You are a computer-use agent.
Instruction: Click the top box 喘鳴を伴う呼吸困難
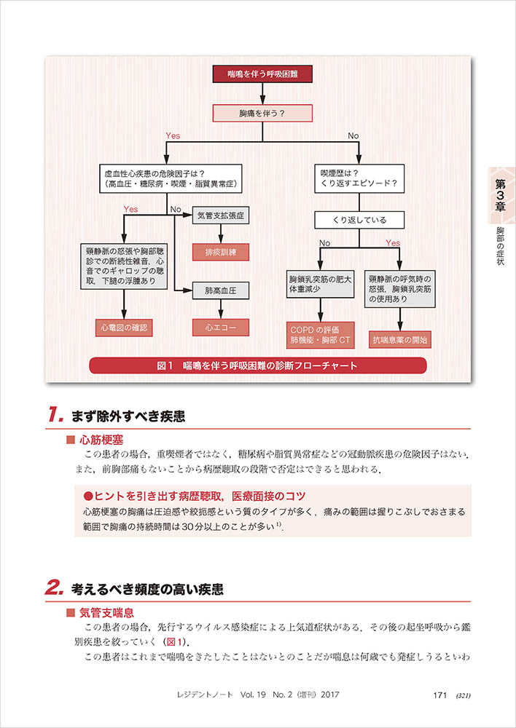(262, 74)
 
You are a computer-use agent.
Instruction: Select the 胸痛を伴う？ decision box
(262, 114)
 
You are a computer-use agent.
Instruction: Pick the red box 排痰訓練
(220, 253)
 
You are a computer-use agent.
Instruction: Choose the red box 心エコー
(220, 328)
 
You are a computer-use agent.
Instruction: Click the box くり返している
(360, 220)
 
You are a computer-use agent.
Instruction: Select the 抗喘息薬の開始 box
(400, 339)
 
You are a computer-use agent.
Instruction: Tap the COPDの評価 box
(320, 334)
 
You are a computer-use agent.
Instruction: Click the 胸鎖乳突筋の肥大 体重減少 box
(320, 284)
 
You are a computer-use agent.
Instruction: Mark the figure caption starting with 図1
(257, 365)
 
